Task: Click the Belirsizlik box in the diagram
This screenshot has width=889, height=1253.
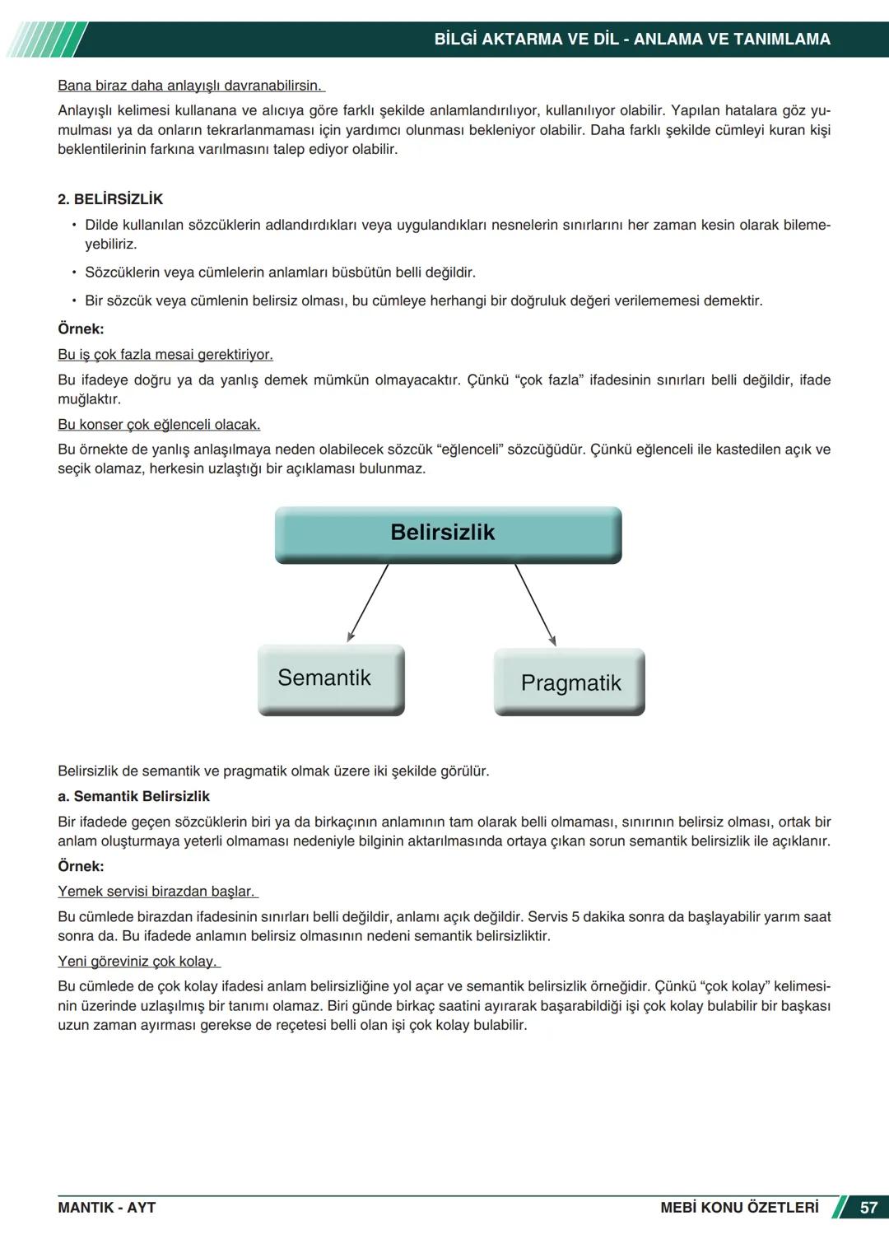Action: pyautogui.click(x=448, y=533)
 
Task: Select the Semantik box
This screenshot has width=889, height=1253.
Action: pyautogui.click(x=331, y=678)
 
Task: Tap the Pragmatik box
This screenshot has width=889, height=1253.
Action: pyautogui.click(x=570, y=682)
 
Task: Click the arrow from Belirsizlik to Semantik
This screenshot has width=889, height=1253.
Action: pyautogui.click(x=368, y=603)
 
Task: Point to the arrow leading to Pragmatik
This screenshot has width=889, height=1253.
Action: pyautogui.click(x=535, y=604)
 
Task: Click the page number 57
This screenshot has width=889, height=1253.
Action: pyautogui.click(x=868, y=1208)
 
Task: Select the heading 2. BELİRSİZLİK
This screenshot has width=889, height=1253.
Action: pyautogui.click(x=110, y=199)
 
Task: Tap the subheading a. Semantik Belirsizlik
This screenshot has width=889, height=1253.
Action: pyautogui.click(x=133, y=796)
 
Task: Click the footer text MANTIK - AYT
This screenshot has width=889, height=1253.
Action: pyautogui.click(x=106, y=1208)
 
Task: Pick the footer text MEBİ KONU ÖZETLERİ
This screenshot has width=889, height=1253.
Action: pyautogui.click(x=738, y=1208)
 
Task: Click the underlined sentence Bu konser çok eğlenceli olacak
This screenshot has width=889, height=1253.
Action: pyautogui.click(x=159, y=425)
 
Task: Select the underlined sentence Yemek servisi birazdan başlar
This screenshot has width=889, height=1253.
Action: pyautogui.click(x=156, y=892)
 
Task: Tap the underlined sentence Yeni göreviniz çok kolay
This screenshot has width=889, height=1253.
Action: pyautogui.click(x=137, y=962)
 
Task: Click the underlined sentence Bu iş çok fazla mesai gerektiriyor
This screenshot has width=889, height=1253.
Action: pyautogui.click(x=165, y=355)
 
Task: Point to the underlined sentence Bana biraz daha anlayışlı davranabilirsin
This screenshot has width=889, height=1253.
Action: pyautogui.click(x=190, y=86)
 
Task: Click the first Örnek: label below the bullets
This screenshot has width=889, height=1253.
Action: pyautogui.click(x=81, y=329)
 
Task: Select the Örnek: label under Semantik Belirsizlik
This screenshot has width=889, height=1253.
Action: pyautogui.click(x=81, y=866)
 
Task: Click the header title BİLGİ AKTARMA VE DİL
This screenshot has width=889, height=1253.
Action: pyautogui.click(x=527, y=40)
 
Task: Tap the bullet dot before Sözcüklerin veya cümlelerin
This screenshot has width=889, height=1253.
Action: pyautogui.click(x=73, y=272)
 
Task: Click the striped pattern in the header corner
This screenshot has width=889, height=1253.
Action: pyautogui.click(x=45, y=40)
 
